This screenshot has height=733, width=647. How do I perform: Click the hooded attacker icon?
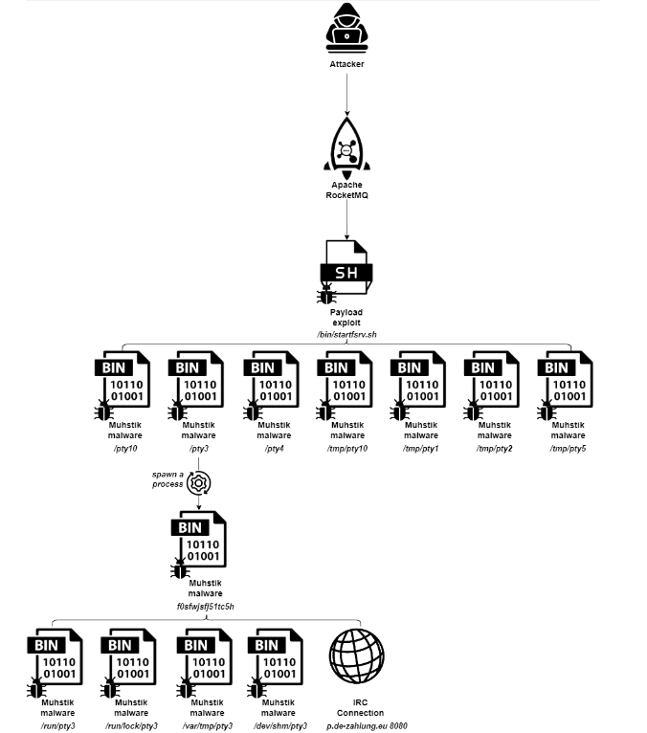[x=346, y=29]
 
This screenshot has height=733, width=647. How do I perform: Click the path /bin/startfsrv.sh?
[x=346, y=332]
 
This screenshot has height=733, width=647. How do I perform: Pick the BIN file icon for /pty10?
[x=123, y=383]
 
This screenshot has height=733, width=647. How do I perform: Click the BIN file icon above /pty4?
[x=272, y=383]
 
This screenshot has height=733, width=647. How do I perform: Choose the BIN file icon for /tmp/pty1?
[x=420, y=383]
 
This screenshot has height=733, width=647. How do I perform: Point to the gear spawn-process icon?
[x=198, y=482]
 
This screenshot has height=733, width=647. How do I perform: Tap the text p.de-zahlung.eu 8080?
[x=360, y=725]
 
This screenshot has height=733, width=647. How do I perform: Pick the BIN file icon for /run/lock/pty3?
[x=129, y=660]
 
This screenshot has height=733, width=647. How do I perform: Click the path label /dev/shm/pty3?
[x=279, y=725]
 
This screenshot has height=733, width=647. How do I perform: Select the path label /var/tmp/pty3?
[x=205, y=725]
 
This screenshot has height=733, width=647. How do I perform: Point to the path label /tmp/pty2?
[x=495, y=448]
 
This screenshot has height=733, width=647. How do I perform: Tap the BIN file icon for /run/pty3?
[x=56, y=660]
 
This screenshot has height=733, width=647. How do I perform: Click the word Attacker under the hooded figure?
[x=346, y=64]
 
